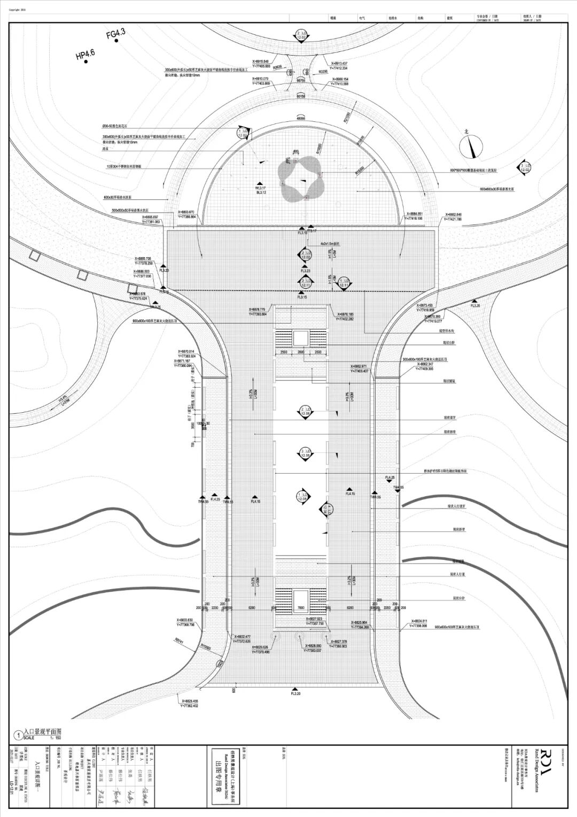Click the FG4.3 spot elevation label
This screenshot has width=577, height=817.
115,34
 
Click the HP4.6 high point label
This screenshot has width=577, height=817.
85,54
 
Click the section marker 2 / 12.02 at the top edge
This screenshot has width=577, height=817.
301,35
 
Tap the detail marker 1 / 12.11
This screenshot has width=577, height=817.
342,282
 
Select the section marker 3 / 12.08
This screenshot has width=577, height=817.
305,454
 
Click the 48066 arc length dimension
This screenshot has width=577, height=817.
302,118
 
